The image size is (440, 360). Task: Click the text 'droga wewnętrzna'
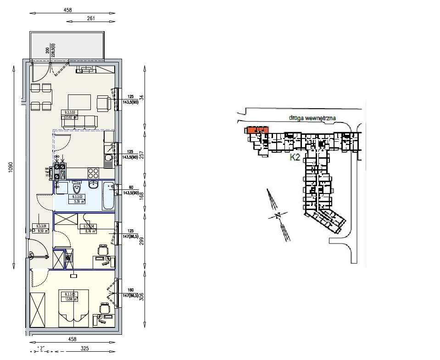tap(312, 118)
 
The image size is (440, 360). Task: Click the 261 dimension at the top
tap(91, 18)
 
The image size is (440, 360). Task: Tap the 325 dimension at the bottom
tap(84, 349)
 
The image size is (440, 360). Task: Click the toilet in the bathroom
tap(77, 188)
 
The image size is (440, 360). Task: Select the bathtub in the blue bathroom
tap(108, 195)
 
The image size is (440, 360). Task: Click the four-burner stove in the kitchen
tap(94, 173)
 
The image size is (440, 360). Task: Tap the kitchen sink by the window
tap(108, 161)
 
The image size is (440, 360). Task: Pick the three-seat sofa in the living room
tap(79, 121)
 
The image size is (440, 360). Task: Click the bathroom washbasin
tap(94, 185)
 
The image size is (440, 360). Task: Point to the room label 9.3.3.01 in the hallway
tap(41, 226)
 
